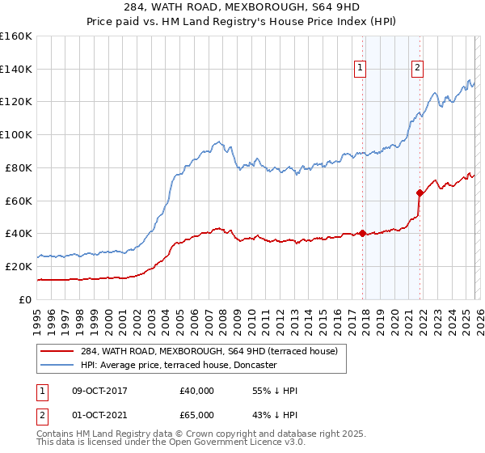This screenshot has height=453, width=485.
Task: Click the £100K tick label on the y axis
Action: tap(16, 134)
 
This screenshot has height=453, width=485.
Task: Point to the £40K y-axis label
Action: tap(19, 233)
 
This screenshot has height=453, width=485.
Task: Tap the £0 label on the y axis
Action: tap(24, 299)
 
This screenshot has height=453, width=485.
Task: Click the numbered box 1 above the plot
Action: tap(360, 68)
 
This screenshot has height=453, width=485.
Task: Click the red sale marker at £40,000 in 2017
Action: tap(362, 234)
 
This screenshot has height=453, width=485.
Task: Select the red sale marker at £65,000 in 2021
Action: tap(419, 193)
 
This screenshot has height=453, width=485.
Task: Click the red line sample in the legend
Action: tap(57, 351)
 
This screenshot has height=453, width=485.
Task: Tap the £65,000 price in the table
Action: tap(196, 417)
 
